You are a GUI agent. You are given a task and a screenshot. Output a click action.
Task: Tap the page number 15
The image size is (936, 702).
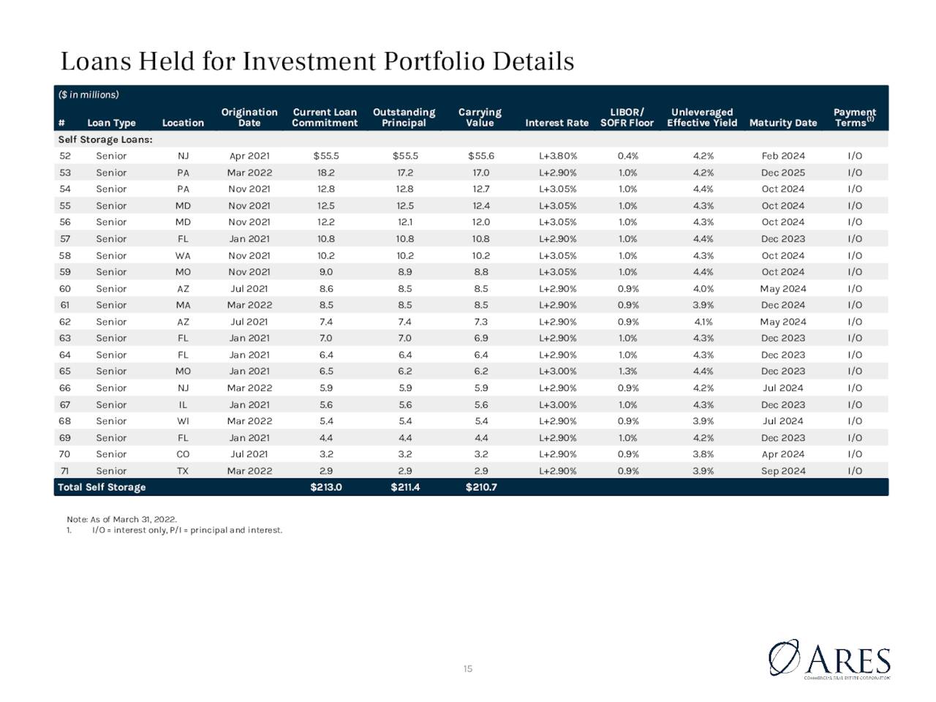pos(468,669)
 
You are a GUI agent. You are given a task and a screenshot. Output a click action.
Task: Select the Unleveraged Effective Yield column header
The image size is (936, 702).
pos(702,117)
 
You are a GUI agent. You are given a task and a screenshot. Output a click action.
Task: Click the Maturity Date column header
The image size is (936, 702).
pos(783,123)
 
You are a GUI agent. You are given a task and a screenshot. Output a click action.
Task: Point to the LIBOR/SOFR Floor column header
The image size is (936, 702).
pos(627,117)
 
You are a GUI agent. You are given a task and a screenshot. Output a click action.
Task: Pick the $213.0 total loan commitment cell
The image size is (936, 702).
pos(326,487)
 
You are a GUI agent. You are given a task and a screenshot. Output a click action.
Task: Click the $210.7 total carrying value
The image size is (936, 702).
pos(481,487)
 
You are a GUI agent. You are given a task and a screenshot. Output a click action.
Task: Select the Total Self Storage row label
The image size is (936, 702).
pos(102,487)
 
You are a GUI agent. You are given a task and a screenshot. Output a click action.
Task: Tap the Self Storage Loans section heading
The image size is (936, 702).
pos(105,140)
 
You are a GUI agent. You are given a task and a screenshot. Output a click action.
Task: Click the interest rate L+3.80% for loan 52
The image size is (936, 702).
pos(558,156)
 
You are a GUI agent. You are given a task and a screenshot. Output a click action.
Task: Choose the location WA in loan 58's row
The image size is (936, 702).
pos(183,256)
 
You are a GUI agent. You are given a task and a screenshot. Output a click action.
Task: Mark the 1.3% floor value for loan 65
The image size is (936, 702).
pos(627,371)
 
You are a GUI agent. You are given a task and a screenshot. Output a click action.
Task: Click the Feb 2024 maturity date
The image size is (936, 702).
pos(783,156)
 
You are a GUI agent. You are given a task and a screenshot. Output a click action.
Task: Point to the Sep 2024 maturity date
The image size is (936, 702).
pos(783,471)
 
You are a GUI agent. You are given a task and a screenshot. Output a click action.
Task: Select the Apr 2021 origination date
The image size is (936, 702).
pos(249,156)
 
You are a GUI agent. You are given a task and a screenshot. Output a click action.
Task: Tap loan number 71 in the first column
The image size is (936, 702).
pos(65,471)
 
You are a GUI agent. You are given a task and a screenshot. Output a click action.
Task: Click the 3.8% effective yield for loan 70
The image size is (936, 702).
pos(703,454)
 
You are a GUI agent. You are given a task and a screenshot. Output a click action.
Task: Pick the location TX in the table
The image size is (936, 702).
pos(183,471)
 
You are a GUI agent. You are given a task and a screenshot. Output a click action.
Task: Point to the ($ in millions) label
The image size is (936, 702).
pos(88,94)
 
